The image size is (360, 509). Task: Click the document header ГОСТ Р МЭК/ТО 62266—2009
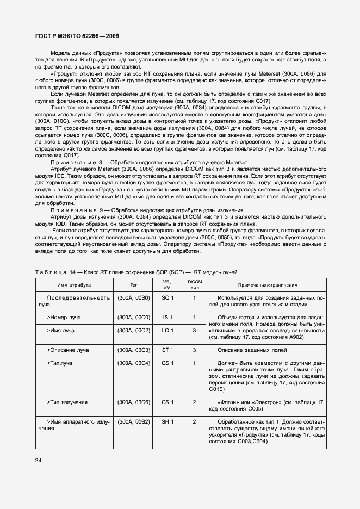click(77, 36)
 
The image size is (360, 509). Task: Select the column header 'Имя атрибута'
click(75, 285)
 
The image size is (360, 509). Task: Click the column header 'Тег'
click(134, 285)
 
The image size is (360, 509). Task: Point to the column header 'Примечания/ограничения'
click(267, 285)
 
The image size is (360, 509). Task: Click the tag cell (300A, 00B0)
click(134, 298)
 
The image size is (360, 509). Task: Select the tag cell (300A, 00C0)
click(134, 317)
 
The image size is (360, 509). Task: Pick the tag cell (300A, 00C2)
click(134, 330)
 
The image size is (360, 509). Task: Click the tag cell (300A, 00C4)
click(134, 362)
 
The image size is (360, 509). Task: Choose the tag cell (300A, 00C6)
click(134, 402)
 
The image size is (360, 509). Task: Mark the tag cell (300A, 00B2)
click(134, 421)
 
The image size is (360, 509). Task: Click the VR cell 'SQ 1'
click(167, 298)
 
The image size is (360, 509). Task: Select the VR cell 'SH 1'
click(167, 421)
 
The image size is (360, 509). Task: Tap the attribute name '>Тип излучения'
click(67, 402)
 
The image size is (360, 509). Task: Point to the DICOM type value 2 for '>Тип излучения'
click(194, 402)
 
